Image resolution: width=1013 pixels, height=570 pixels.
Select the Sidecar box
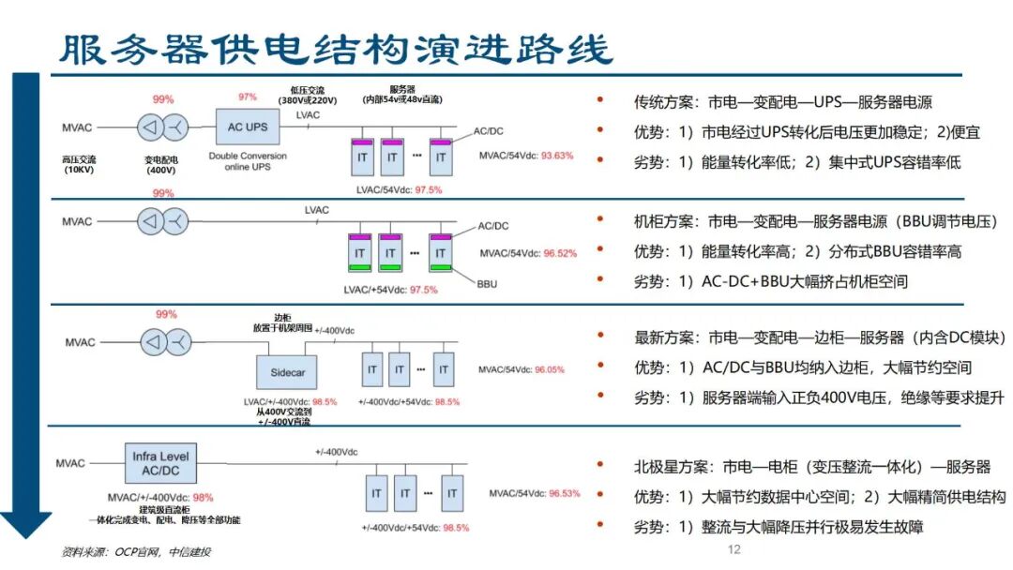[288, 372]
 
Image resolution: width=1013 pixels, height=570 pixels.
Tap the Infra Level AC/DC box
[161, 464]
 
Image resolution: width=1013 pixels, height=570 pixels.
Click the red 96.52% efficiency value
[559, 253]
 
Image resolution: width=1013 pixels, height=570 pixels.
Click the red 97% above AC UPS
[248, 97]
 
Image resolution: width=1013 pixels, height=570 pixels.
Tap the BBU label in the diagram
[487, 282]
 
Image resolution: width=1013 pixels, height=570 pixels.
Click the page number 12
[734, 549]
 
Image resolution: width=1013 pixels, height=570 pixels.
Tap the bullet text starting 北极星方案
[811, 466]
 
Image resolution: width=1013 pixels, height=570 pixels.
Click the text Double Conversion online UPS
[248, 160]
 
